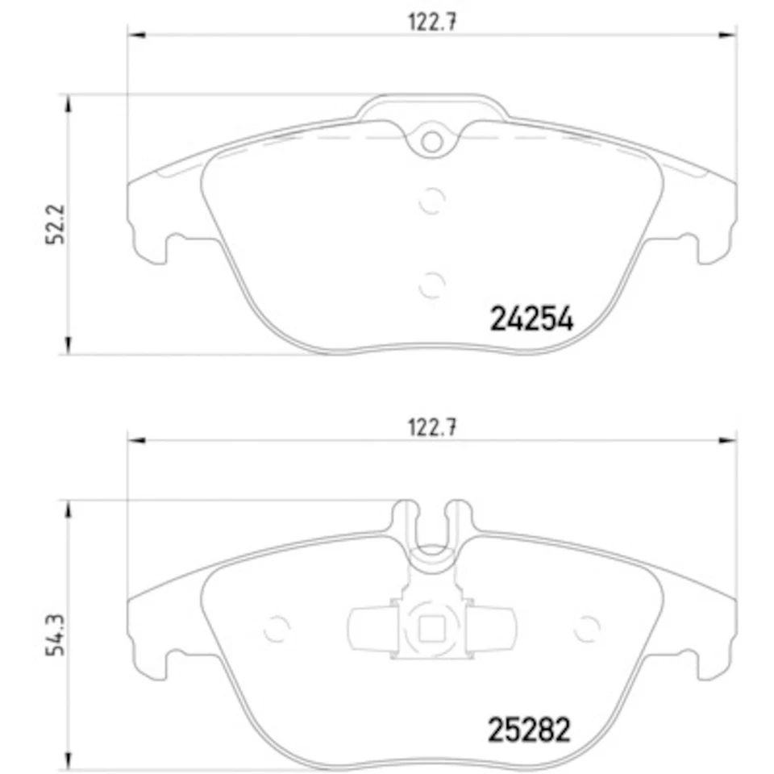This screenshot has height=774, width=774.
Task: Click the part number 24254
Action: (x=532, y=320)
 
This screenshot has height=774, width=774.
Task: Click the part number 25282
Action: (x=529, y=730)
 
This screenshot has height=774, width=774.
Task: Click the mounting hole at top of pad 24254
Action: (x=433, y=142)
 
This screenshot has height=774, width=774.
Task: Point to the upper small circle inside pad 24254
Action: (x=433, y=200)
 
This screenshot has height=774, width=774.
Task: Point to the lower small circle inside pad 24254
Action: (x=433, y=283)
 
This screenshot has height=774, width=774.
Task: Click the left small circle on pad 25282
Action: (x=277, y=626)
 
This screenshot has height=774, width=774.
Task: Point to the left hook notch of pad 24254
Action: (x=169, y=244)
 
